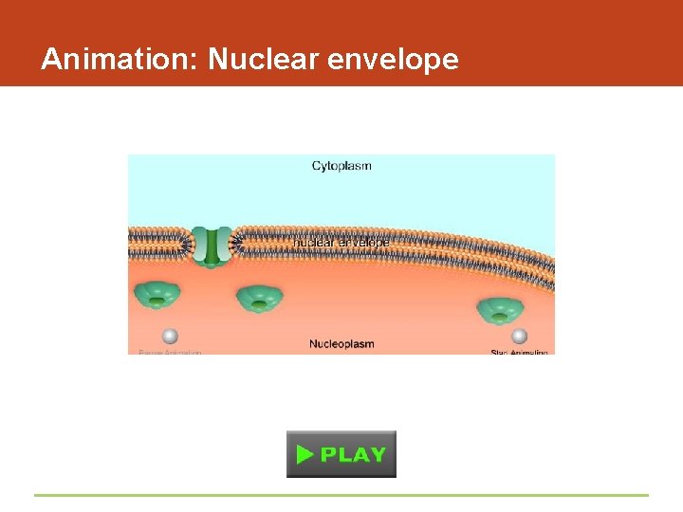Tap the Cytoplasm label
pos(341,166)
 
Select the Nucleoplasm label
pos(341,343)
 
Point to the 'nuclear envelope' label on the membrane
pos(341,243)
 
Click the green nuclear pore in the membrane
pos(211,246)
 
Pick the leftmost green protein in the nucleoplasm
pos(157,295)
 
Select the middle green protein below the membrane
pos(259,299)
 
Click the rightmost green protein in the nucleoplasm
pos(500,310)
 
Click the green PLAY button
pos(341,454)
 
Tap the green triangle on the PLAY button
pos(305,454)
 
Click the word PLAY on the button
pos(353,454)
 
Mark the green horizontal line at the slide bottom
pos(341,495)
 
